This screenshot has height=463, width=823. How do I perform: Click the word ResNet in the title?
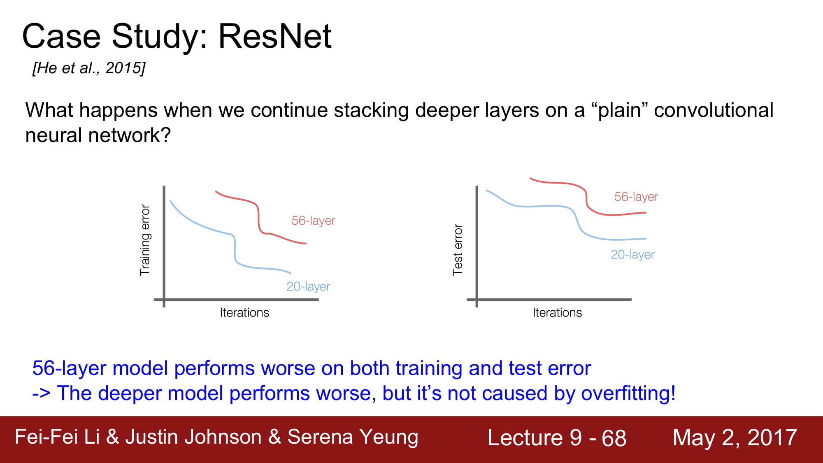coord(274,36)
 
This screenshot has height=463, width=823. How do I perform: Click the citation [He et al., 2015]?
coord(89,68)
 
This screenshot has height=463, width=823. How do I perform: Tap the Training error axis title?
coord(145,240)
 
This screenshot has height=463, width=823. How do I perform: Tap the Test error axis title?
coord(458,250)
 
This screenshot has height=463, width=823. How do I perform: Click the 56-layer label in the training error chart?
coord(313,221)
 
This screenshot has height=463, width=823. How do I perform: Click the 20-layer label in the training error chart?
coord(308,286)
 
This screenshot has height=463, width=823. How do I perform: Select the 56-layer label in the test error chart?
coord(636,197)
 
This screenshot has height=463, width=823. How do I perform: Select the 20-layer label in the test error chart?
coord(632,255)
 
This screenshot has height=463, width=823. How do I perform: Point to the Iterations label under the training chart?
coord(244,313)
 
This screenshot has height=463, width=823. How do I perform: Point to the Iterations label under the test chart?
coord(557,313)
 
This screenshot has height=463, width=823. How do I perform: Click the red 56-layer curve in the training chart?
coord(258,218)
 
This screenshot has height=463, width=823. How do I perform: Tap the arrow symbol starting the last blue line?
coord(41,394)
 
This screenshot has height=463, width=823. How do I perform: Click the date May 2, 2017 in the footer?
coord(735,437)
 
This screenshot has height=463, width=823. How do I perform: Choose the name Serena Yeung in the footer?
coord(353,437)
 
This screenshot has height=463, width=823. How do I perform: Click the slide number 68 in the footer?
coord(614,438)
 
